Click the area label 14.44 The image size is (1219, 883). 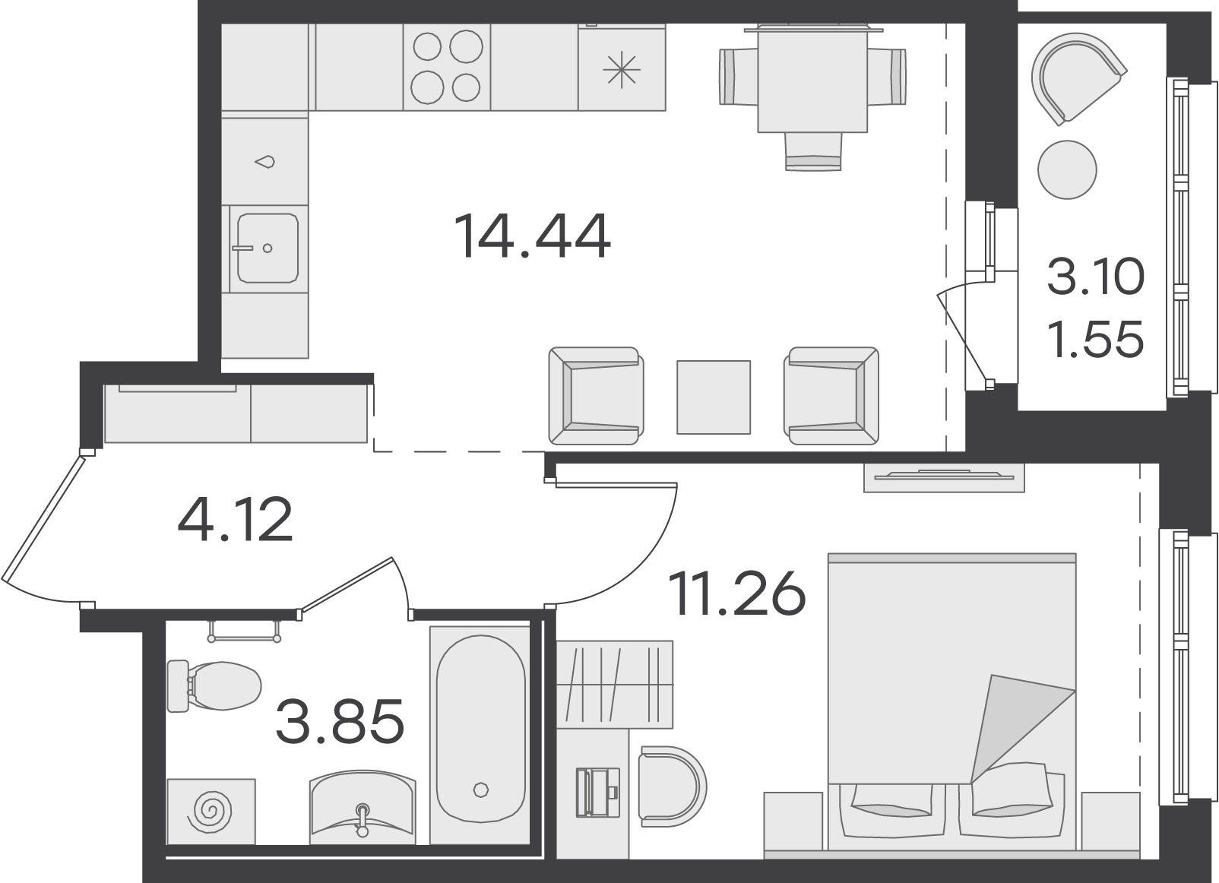tap(532, 236)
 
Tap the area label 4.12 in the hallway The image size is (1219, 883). tap(235, 520)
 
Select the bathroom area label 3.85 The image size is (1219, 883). tap(340, 721)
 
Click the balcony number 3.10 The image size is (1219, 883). tap(1095, 277)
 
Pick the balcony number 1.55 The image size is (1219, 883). tap(1095, 340)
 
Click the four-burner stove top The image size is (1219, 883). tap(447, 68)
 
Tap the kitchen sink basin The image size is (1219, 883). tap(268, 248)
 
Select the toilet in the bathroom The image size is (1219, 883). tap(214, 686)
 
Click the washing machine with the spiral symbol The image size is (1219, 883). tap(211, 812)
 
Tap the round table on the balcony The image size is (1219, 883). tap(1067, 169)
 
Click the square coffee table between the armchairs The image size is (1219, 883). tap(714, 397)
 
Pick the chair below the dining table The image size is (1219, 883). tap(813, 151)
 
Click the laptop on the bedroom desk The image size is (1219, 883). tap(597, 792)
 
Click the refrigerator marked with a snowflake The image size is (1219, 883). tap(622, 68)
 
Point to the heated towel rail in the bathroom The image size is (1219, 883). tap(245, 631)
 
